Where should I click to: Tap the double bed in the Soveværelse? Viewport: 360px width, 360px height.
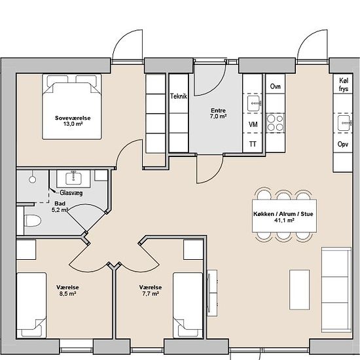pos(72,107)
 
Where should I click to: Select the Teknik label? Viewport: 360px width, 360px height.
pos(179,96)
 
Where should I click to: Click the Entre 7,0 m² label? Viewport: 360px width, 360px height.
pos(218,113)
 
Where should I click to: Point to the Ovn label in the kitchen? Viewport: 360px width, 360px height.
pos(276,86)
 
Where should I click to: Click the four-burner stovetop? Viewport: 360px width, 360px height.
pos(276,123)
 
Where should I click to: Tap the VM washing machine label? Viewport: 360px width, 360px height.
pos(253,124)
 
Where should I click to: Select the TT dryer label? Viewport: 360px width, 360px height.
pos(253,144)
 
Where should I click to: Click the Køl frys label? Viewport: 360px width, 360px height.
pos(344,84)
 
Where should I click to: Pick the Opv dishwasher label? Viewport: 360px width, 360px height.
pos(343,144)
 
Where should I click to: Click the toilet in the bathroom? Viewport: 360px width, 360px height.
pos(33,221)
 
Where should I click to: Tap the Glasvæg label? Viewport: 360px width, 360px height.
pos(71,193)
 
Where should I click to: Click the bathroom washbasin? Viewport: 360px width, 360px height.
pos(73,179)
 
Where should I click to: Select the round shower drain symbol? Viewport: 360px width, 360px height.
pos(32,179)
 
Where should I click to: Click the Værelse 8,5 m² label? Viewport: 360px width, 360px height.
pos(67,290)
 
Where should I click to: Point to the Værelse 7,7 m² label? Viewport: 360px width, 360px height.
pos(151,290)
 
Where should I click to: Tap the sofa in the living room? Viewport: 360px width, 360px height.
pos(336,289)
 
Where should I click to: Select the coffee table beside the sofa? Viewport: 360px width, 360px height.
pos(299,290)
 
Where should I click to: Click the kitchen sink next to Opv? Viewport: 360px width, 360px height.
pos(344,123)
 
